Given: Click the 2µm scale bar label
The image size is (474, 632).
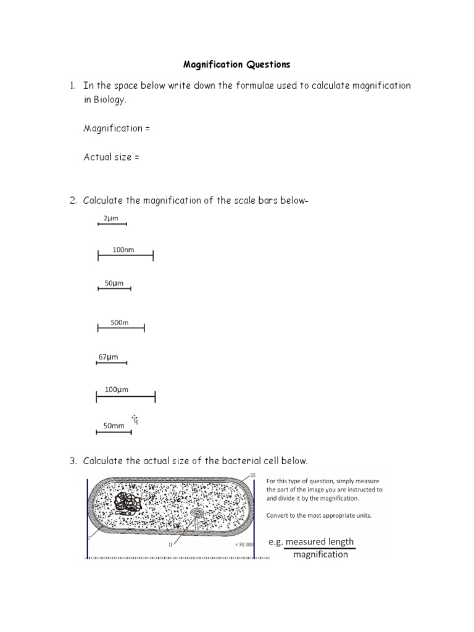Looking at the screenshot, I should (111, 218).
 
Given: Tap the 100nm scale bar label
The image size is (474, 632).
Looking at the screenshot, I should (123, 250).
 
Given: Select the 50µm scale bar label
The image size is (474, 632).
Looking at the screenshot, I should (114, 283).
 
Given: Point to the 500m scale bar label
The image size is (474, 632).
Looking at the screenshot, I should (119, 323).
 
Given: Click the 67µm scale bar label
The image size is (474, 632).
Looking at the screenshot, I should (108, 357).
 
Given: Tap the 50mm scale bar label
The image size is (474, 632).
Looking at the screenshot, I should (114, 426).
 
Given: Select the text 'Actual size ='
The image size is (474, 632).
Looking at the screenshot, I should (111, 157).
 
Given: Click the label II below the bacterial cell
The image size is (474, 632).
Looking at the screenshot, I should (170, 545).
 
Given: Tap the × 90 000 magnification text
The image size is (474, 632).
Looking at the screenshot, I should (245, 545).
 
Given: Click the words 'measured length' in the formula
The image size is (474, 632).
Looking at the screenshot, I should (320, 542).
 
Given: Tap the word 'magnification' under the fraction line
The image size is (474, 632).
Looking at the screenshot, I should (320, 554).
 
